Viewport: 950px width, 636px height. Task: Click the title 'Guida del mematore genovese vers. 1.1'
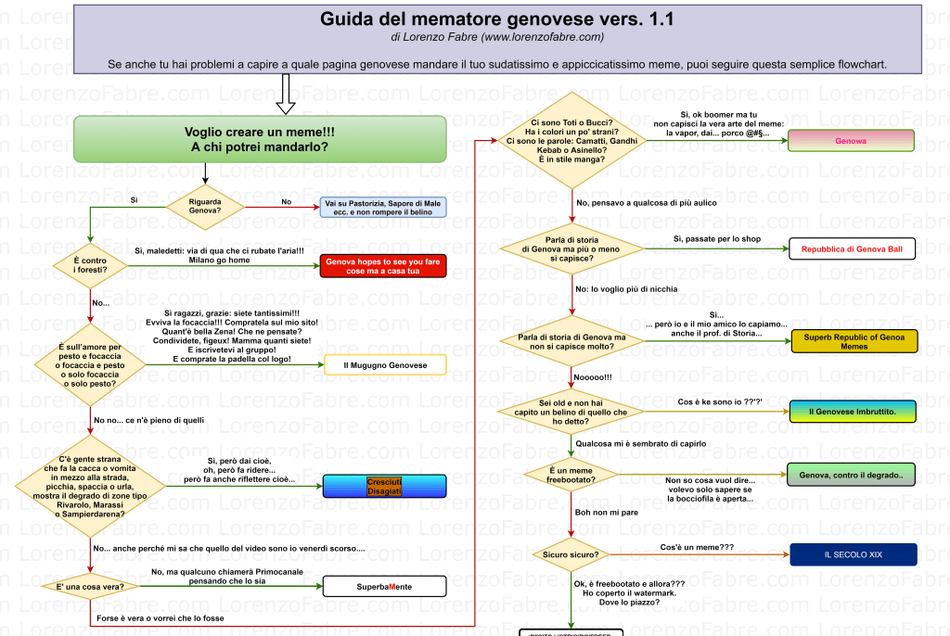point(497,19)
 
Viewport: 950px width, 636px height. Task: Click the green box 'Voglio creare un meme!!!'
point(260,139)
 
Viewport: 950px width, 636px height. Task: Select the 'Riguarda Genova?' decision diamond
point(204,206)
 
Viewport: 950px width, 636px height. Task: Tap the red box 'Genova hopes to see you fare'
point(383,267)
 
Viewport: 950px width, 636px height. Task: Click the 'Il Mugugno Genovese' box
point(385,365)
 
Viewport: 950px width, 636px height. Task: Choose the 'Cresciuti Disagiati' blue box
point(384,487)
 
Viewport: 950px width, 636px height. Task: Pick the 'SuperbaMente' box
point(384,587)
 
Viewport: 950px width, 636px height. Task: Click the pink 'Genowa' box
point(851,141)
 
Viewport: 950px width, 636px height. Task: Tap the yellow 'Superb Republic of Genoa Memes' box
point(854,341)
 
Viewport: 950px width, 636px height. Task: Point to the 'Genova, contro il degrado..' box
point(851,475)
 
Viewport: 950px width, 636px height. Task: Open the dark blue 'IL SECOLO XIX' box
point(853,554)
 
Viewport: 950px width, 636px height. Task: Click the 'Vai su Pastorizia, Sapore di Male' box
point(384,207)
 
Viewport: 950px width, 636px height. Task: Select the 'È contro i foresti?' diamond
point(89,266)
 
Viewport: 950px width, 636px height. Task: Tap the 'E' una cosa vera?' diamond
point(89,587)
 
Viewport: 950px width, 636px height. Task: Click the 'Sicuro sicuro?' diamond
point(571,554)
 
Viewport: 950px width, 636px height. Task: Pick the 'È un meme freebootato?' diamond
point(571,475)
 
